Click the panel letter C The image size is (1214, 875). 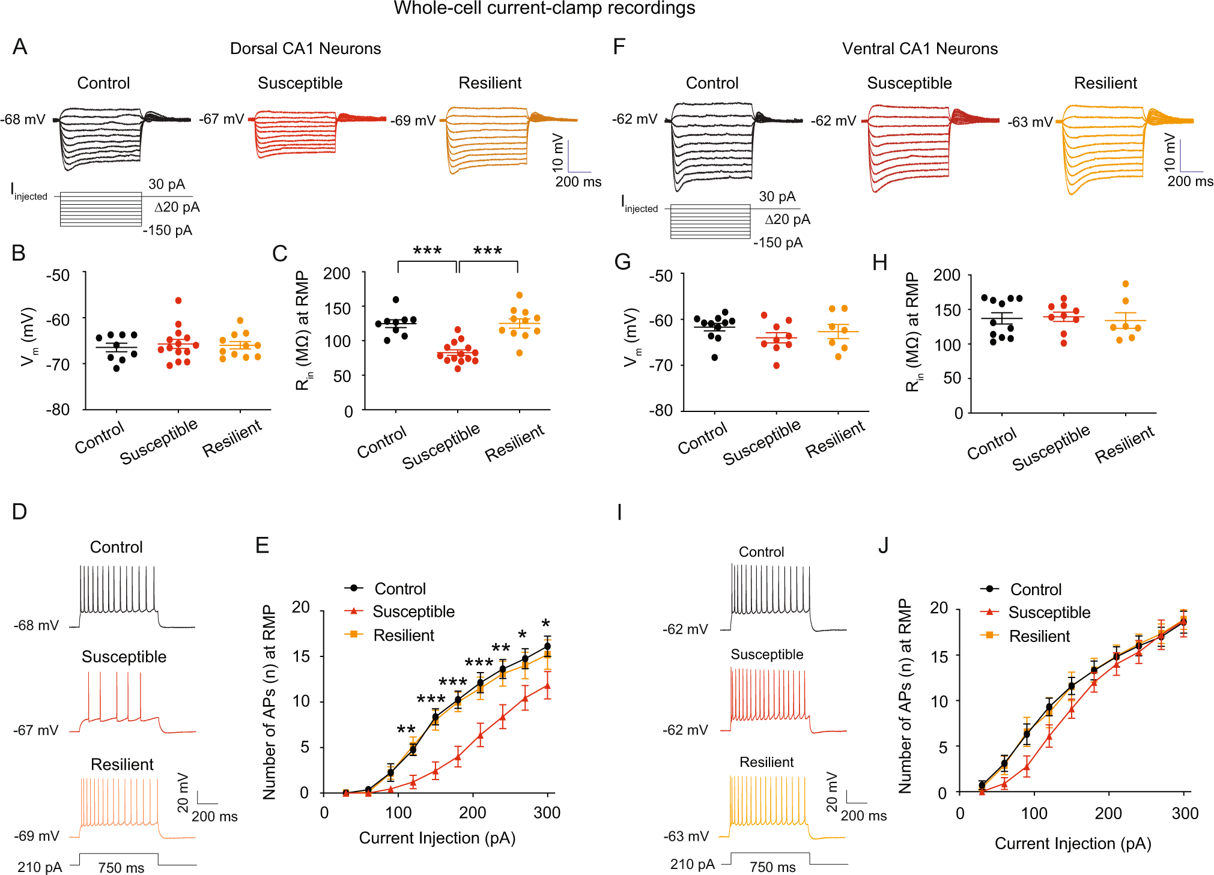[x=279, y=254]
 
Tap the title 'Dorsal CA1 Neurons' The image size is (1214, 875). [x=305, y=49]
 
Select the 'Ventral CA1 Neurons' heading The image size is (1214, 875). [x=919, y=49]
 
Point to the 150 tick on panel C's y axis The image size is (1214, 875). [x=337, y=309]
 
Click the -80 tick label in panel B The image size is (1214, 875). [x=58, y=410]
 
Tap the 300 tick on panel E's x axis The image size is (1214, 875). [x=547, y=813]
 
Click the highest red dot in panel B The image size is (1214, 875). [x=178, y=300]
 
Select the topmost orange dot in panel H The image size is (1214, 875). [x=1125, y=283]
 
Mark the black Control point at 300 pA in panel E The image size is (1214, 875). [x=547, y=646]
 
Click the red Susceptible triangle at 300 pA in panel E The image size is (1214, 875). [x=547, y=685]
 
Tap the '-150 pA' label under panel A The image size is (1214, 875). [x=168, y=231]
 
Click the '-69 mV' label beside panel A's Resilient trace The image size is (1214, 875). [x=413, y=121]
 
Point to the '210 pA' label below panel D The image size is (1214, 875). [x=40, y=867]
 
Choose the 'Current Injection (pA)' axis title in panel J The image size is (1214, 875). [x=1072, y=844]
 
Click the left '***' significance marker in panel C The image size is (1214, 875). [x=427, y=251]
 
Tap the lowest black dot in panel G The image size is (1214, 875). [x=714, y=357]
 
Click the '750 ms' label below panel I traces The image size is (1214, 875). [x=772, y=867]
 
